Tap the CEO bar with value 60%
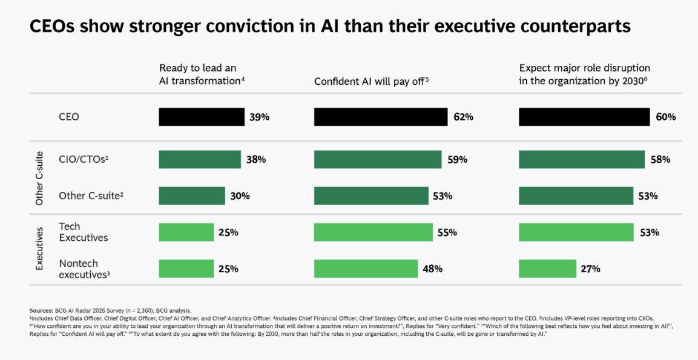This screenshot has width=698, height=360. [584, 117]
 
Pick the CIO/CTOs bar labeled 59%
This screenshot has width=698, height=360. [378, 160]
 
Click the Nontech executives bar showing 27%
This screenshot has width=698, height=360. [547, 269]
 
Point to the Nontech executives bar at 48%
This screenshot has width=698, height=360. [366, 269]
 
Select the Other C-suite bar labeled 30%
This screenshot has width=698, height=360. [191, 196]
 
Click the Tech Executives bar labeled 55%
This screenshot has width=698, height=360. [374, 232]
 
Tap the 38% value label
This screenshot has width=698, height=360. [256, 160]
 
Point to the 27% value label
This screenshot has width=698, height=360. [590, 269]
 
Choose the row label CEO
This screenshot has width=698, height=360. [68, 117]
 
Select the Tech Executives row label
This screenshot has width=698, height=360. [83, 232]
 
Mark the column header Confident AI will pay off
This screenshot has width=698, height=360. [370, 81]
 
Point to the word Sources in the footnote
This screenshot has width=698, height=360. [41, 310]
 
